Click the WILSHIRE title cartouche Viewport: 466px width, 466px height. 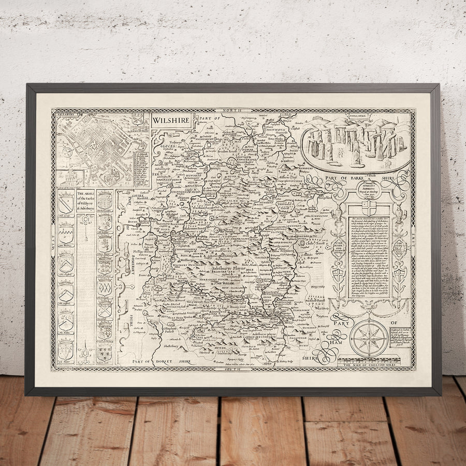(171, 120)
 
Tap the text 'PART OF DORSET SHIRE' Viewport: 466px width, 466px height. (161, 361)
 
